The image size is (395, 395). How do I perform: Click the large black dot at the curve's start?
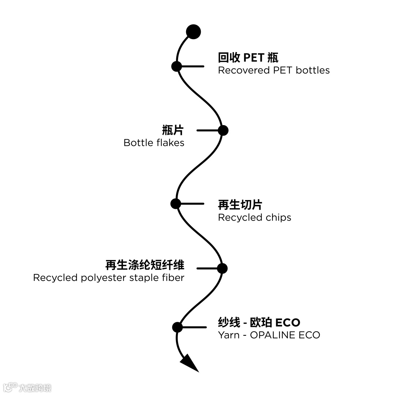click(x=193, y=32)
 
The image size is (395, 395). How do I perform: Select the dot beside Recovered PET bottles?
click(x=177, y=66)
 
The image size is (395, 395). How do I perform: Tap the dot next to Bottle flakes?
click(x=223, y=130)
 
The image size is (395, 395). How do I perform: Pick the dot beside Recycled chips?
click(x=176, y=204)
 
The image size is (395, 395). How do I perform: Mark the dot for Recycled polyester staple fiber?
click(x=222, y=268)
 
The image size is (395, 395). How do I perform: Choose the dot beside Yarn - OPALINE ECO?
click(x=177, y=327)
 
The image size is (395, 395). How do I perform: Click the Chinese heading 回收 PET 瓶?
click(x=248, y=58)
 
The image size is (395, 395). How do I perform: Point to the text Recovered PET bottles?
click(x=274, y=70)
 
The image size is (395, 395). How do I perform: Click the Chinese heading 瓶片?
click(x=173, y=130)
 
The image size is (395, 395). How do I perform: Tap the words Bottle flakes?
click(x=154, y=143)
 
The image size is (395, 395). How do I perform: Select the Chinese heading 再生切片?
click(x=240, y=204)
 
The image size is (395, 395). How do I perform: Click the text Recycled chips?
click(x=255, y=218)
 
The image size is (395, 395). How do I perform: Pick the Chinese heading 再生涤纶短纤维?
click(x=145, y=265)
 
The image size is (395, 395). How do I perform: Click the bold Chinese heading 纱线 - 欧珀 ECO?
click(x=259, y=323)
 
